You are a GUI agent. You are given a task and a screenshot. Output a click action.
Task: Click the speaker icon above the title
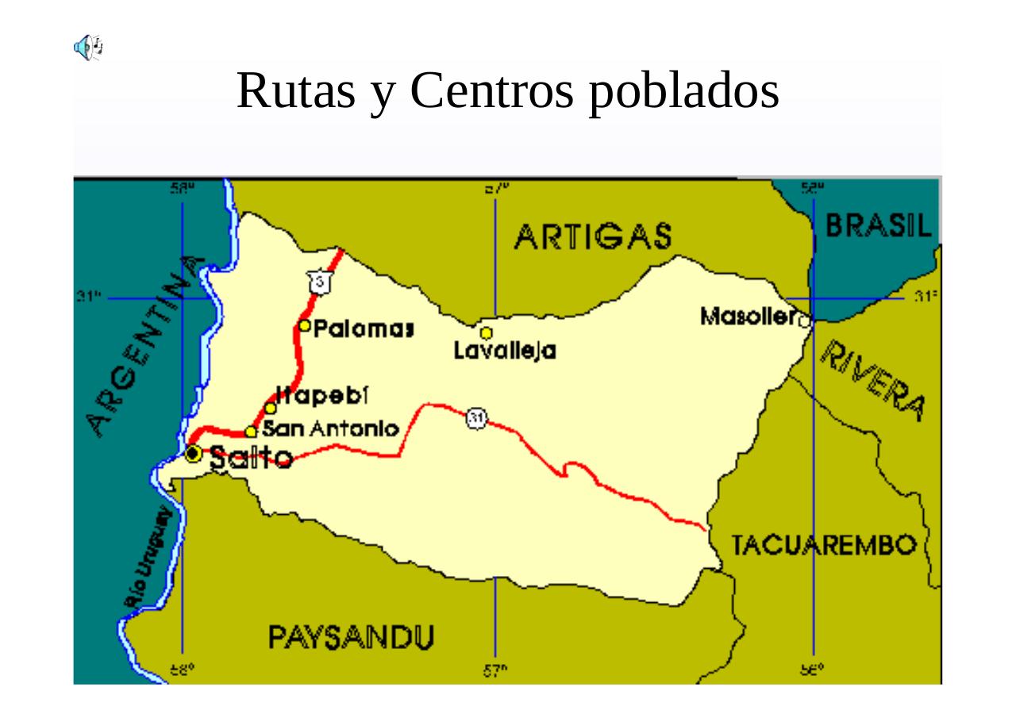click(88, 48)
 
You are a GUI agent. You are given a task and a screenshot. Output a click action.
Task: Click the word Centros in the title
click(492, 90)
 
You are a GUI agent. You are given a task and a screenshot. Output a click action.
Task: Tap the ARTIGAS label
click(592, 236)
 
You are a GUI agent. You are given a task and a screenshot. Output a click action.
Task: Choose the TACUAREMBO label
click(824, 546)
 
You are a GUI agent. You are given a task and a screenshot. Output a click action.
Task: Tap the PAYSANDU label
click(350, 637)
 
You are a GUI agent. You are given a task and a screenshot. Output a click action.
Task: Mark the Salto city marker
click(193, 454)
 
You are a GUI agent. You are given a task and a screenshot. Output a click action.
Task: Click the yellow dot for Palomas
click(305, 326)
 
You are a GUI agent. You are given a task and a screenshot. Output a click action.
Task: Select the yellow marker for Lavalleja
click(486, 333)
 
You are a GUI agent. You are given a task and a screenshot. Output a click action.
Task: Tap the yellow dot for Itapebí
click(271, 409)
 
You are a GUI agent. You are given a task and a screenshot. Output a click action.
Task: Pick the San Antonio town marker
click(251, 432)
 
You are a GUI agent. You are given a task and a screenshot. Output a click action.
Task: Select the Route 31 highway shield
click(475, 419)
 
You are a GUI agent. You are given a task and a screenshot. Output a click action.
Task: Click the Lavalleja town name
click(505, 351)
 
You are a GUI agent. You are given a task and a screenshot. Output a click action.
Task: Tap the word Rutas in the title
click(295, 90)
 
